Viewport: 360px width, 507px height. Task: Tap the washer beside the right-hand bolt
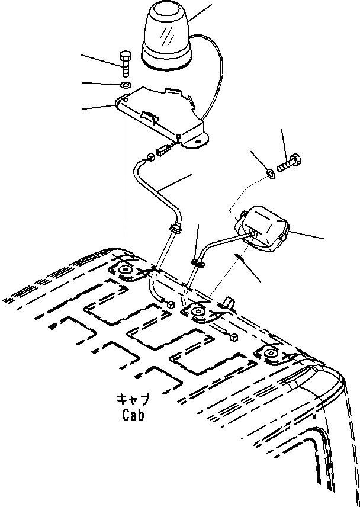click(x=270, y=174)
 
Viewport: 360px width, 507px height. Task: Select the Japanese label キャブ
click(x=133, y=400)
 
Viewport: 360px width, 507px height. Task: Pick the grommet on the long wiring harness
click(x=175, y=228)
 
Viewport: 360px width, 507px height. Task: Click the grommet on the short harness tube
click(x=197, y=262)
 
